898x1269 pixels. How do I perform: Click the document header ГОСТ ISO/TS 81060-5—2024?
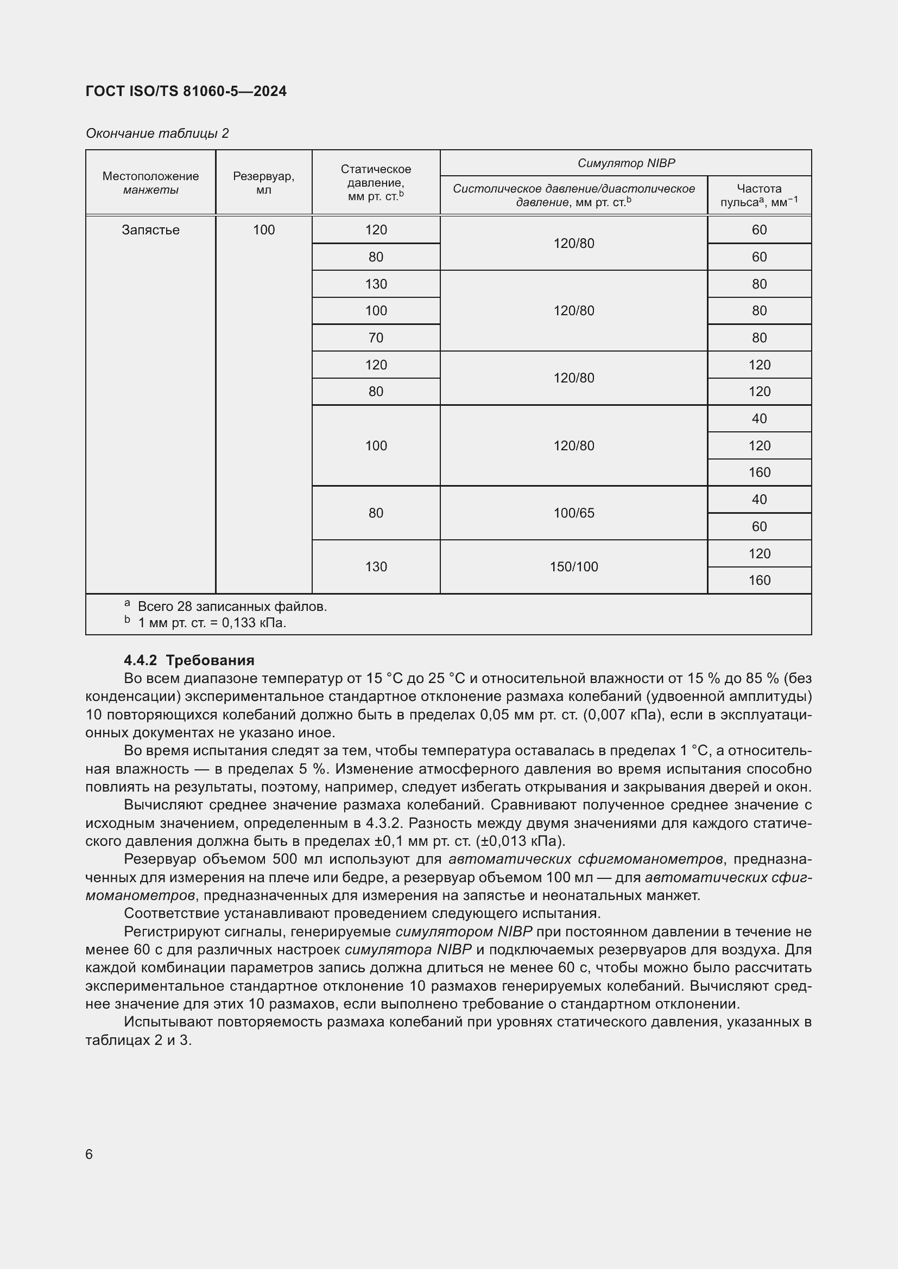coord(186,92)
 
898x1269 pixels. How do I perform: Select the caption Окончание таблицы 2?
coord(157,133)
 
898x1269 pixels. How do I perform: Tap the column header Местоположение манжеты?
coord(150,182)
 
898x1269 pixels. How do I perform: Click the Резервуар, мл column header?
coord(263,182)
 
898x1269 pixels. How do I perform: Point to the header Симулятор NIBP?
coord(625,163)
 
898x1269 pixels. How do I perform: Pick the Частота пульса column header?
coord(758,195)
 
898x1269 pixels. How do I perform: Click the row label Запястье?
coord(150,230)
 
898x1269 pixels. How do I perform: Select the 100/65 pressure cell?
coord(573,513)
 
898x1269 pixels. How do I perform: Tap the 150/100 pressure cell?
coord(573,566)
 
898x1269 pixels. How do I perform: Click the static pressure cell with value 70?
coord(376,337)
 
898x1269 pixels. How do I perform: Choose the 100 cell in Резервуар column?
coord(263,230)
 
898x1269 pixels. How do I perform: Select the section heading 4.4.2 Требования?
coord(189,660)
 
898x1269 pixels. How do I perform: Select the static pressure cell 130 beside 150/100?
coord(376,566)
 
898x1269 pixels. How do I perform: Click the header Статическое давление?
coord(376,182)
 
